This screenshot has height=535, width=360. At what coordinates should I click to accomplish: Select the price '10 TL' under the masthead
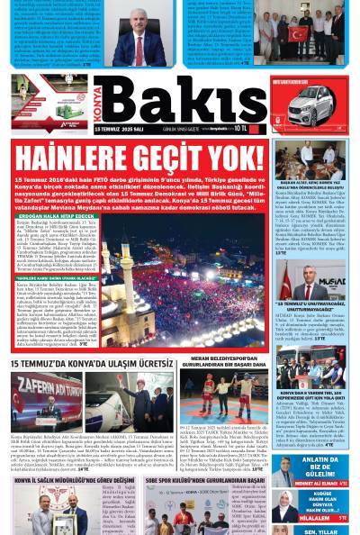tap(240, 129)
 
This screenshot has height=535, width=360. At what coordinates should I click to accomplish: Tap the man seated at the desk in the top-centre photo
tap(140, 37)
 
